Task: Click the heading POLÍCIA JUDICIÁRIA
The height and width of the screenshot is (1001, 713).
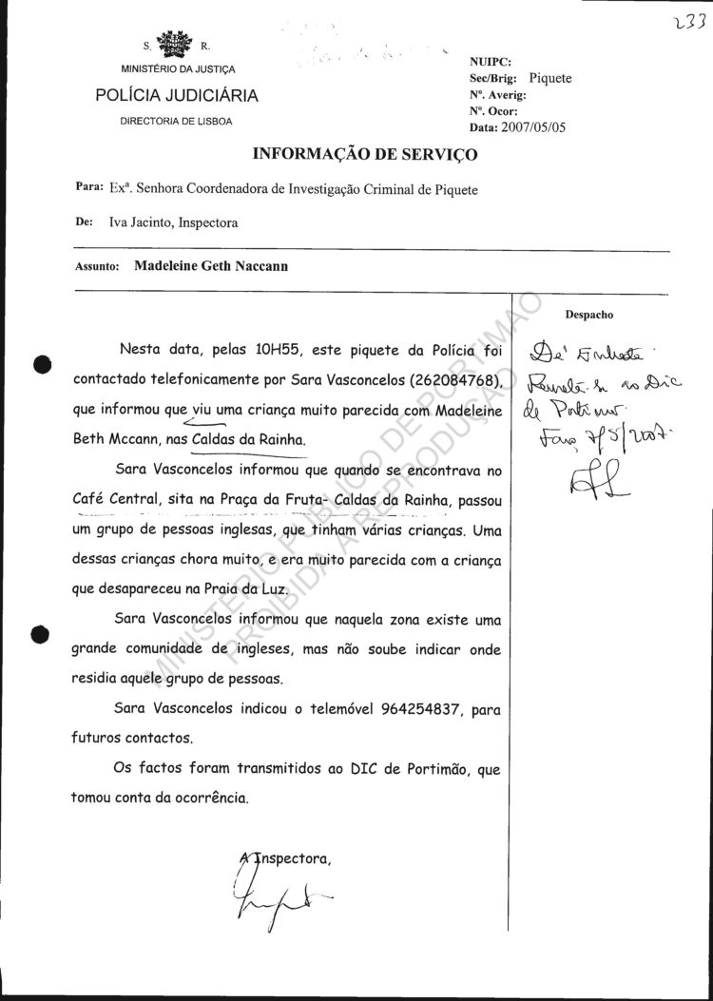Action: [177, 96]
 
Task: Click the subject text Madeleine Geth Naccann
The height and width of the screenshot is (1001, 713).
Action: [211, 267]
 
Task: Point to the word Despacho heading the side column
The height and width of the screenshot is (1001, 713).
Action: [589, 313]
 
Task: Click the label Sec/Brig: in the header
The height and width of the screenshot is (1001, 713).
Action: [493, 78]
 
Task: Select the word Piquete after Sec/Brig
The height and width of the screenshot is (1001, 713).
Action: [550, 78]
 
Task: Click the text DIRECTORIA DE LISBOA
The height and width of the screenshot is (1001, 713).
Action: [176, 121]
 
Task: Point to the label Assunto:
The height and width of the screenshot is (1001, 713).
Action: [96, 268]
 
